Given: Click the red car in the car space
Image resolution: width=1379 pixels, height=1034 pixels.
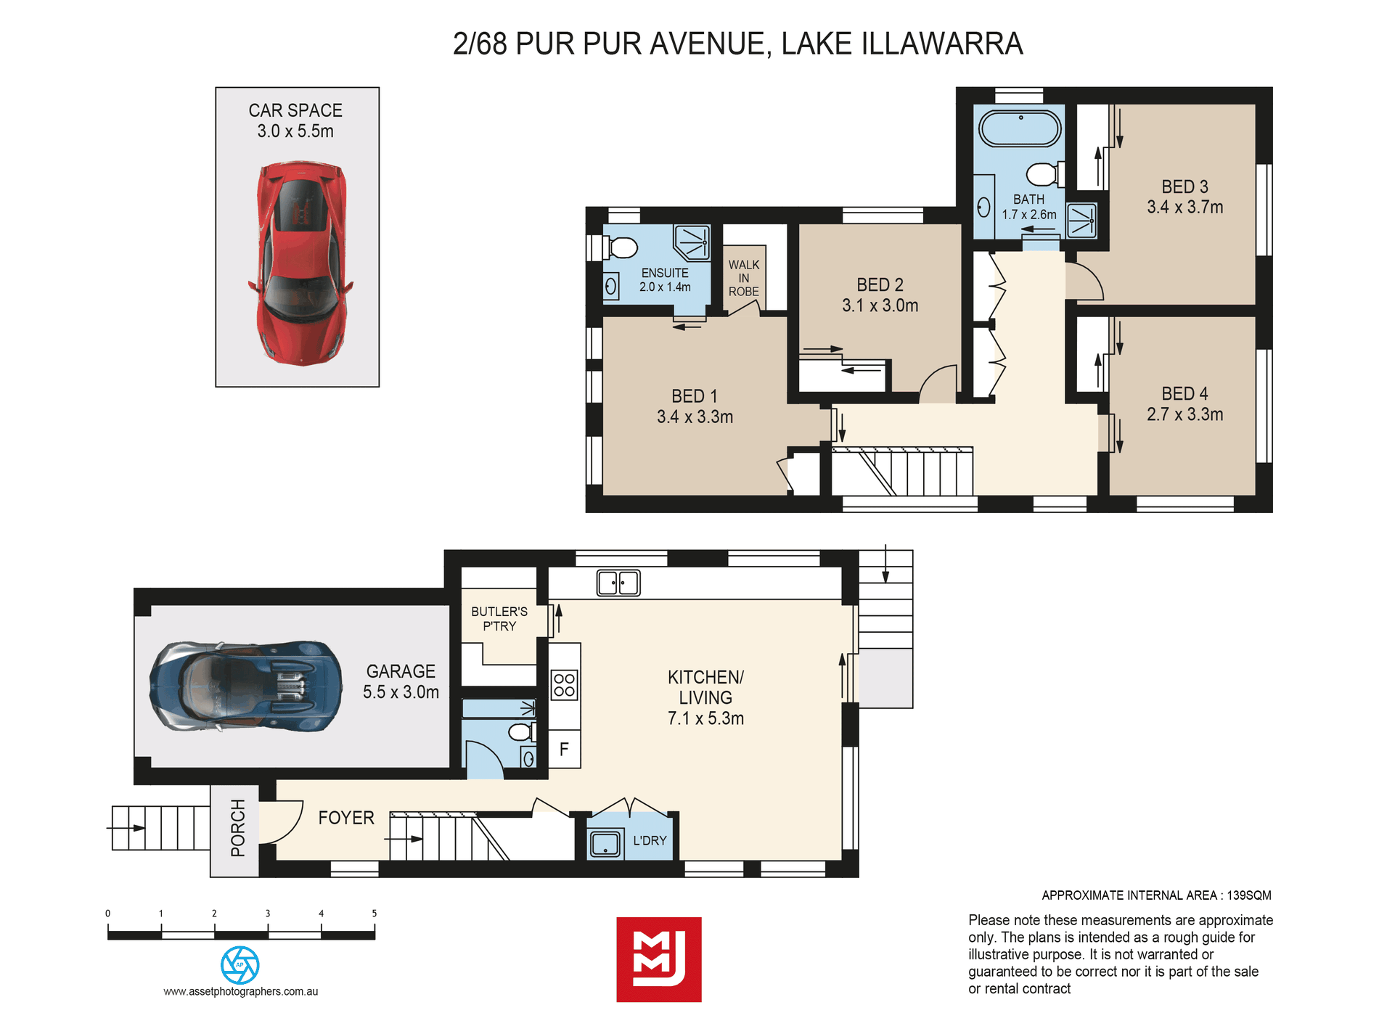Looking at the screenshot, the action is tap(300, 263).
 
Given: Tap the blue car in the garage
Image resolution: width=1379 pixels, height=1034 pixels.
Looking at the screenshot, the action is tap(245, 685).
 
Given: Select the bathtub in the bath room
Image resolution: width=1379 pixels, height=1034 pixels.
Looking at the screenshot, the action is tap(1020, 128).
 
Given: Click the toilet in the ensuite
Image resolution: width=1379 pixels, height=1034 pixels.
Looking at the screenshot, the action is tap(619, 247).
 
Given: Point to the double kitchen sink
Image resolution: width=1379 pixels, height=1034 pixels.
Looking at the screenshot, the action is tap(618, 583).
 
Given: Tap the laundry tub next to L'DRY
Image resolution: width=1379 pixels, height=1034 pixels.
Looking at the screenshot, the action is tap(605, 844).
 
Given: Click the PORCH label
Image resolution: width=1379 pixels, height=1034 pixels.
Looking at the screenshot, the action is tap(237, 828).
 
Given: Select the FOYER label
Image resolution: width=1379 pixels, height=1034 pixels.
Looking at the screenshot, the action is tap(346, 818).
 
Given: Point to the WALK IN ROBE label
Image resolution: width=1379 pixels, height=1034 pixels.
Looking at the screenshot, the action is tap(744, 278).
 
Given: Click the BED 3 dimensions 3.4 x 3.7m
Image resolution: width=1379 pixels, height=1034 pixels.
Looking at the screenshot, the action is tap(1184, 207).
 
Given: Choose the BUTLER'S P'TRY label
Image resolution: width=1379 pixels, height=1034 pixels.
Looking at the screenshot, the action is tap(499, 619).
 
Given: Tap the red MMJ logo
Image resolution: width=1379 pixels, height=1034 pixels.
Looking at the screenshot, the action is tap(659, 959).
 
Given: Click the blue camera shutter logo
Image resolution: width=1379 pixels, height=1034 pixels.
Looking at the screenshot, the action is tap(240, 965).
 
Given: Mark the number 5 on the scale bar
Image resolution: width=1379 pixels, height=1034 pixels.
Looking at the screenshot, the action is tap(375, 914).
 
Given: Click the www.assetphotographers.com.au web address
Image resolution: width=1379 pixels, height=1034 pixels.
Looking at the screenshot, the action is tap(241, 991).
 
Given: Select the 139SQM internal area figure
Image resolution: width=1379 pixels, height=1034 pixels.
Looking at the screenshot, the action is tap(1249, 895).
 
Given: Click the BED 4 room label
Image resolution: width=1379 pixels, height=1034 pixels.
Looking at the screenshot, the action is tap(1184, 394).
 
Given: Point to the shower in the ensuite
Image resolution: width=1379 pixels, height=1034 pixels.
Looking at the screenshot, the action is tap(692, 242).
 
